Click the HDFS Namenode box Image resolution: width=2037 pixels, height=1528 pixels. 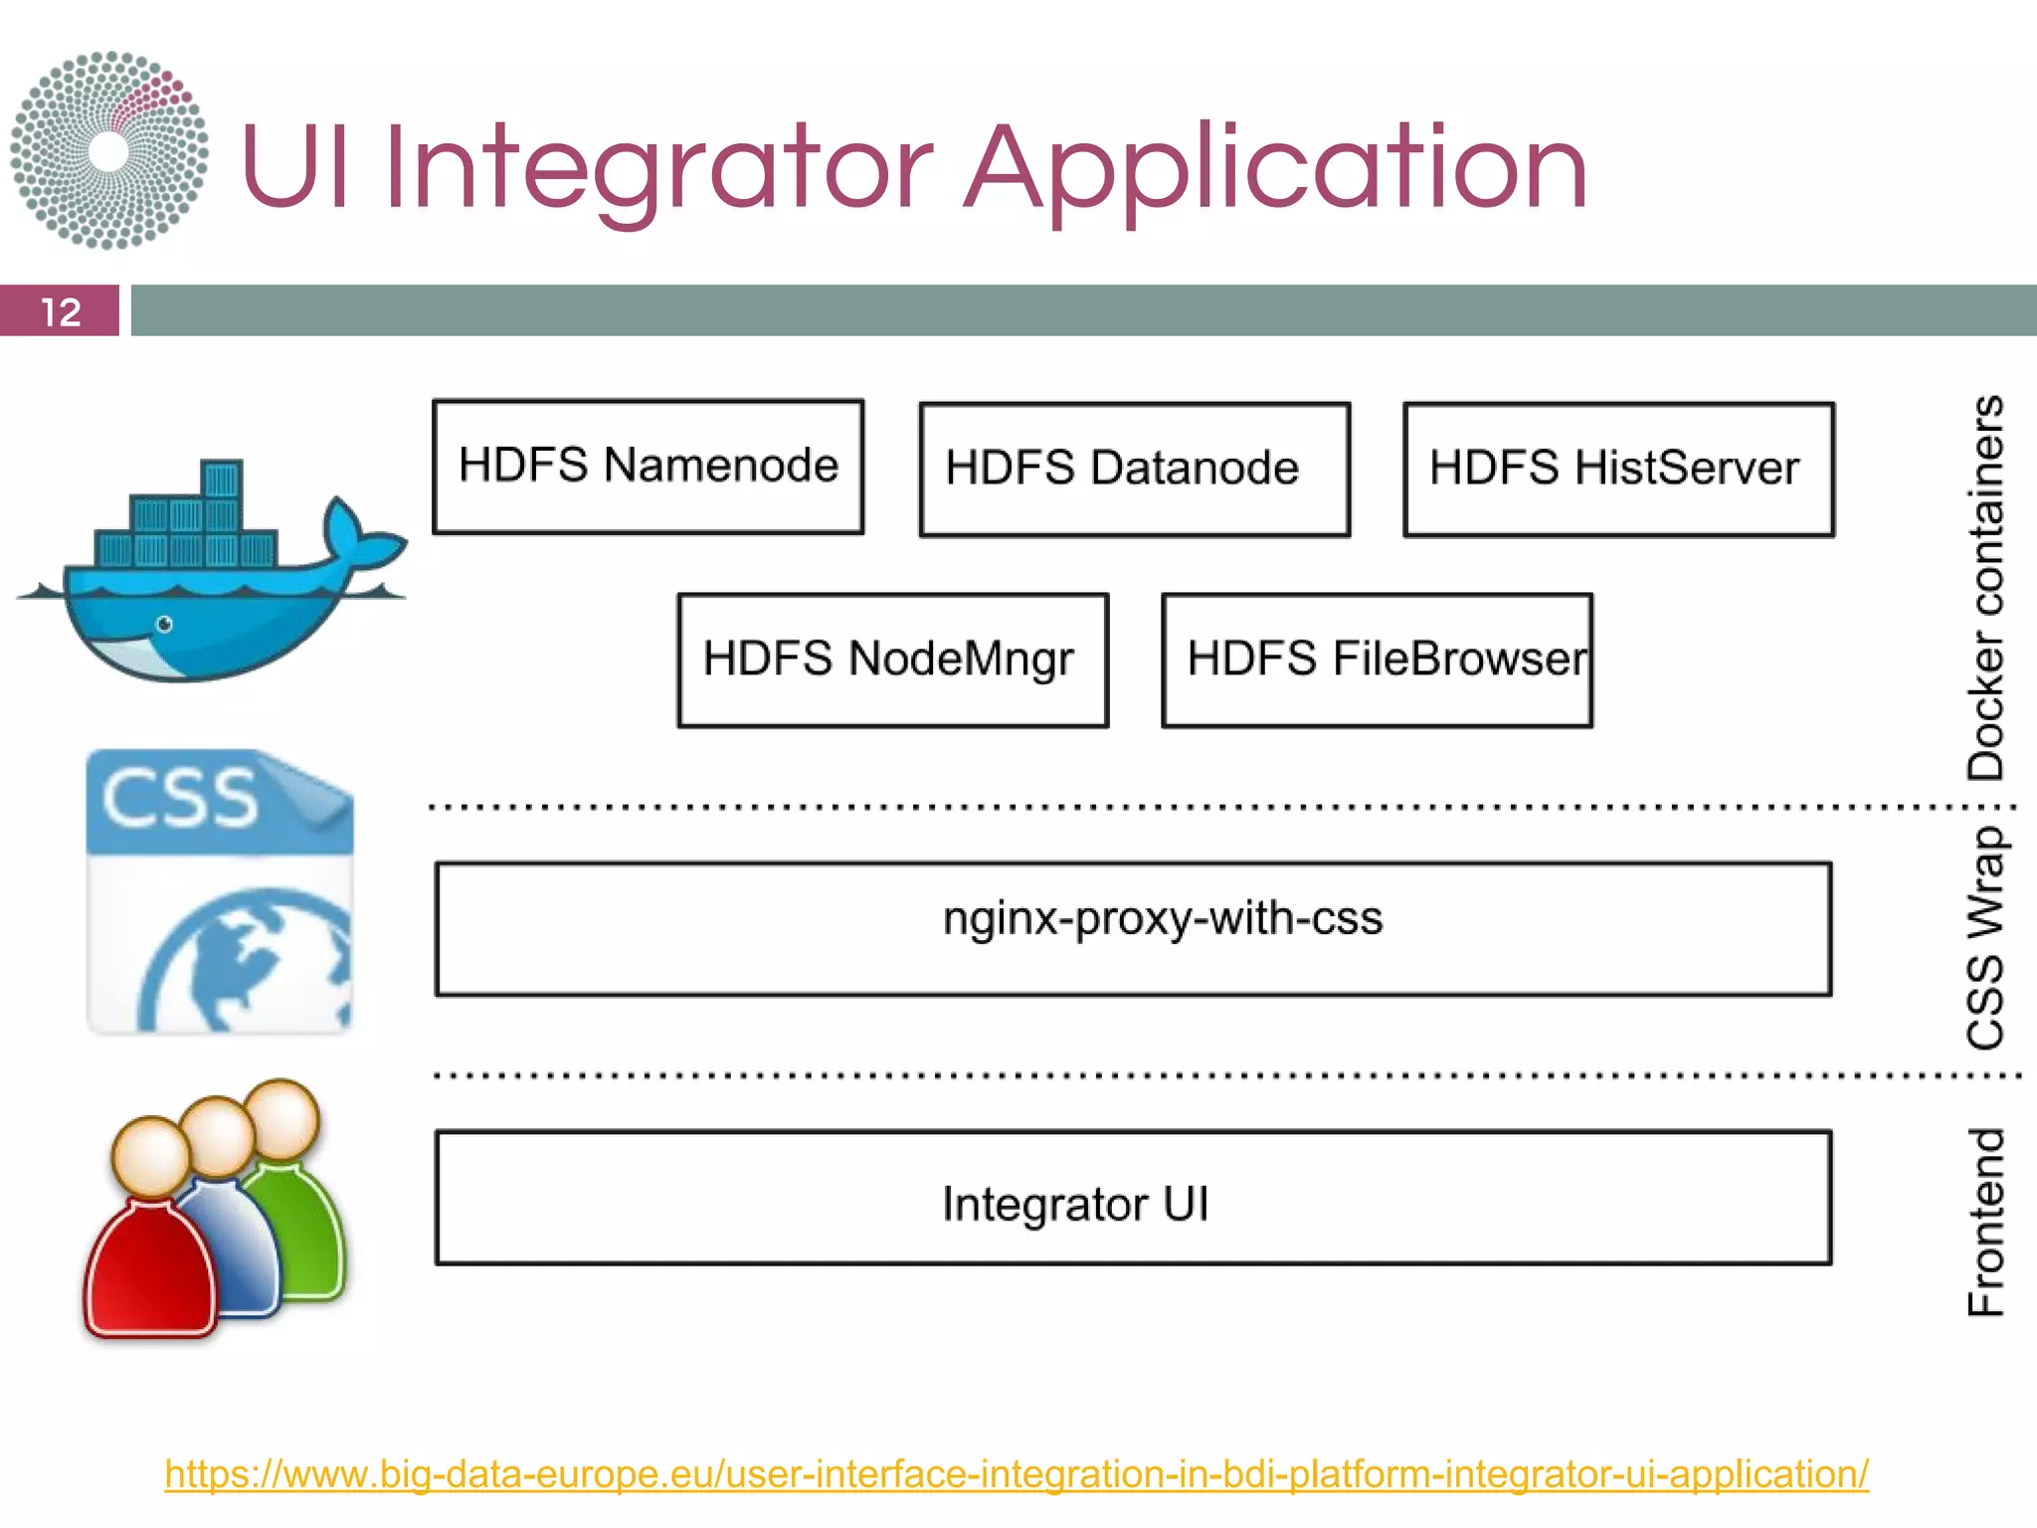click(x=648, y=467)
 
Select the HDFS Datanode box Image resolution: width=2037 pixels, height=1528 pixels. click(x=1134, y=469)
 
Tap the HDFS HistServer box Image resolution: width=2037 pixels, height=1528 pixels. click(x=1618, y=469)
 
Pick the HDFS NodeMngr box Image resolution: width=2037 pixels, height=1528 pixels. click(x=892, y=660)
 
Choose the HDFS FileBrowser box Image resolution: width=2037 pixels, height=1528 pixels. click(x=1377, y=660)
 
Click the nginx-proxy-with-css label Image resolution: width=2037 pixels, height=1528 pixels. click(x=1162, y=918)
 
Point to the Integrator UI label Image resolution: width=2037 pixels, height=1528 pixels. click(x=1075, y=1204)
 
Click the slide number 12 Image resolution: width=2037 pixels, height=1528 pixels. click(x=60, y=312)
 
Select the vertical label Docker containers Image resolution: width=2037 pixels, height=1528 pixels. click(x=1986, y=587)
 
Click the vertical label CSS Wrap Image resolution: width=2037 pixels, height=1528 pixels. click(x=1986, y=937)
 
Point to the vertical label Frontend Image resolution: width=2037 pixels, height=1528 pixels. click(x=1986, y=1222)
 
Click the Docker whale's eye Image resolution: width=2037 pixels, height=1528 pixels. click(x=165, y=624)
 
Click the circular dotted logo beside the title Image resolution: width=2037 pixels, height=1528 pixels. click(x=109, y=150)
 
